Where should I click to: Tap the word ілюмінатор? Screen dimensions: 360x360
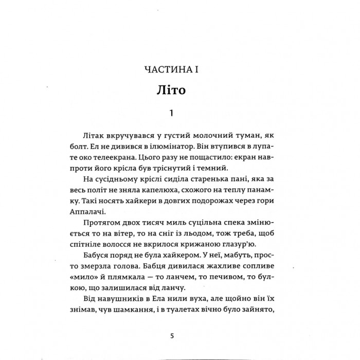[x=171, y=147]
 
